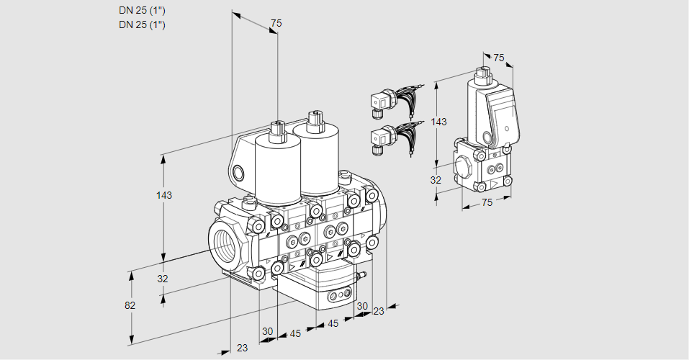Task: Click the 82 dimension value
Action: coord(130,305)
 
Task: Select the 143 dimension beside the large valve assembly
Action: coord(165,195)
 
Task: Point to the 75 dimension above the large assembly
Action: coord(275,24)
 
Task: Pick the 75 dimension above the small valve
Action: coord(499,58)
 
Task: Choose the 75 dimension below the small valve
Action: coord(487,203)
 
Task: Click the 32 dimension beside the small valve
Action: coord(435,180)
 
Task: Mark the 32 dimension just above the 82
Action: coord(163,279)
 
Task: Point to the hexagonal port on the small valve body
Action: coord(464,168)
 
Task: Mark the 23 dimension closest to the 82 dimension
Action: coord(242,347)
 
